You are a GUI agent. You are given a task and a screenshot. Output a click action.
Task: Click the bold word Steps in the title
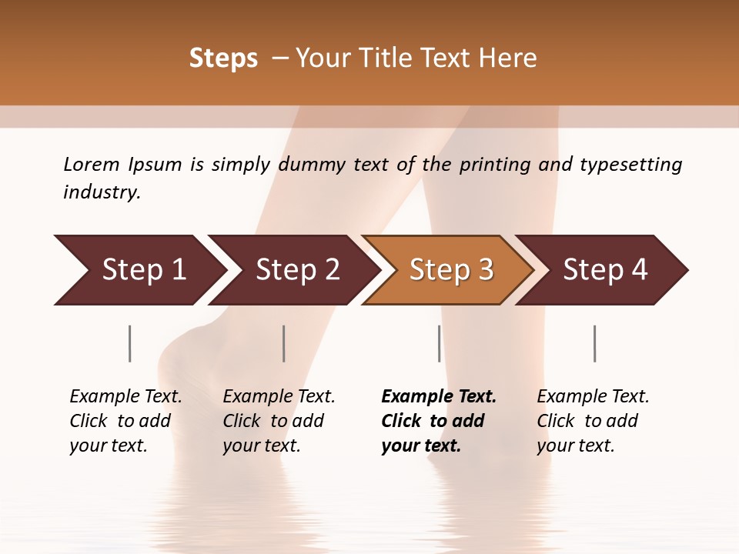point(223,58)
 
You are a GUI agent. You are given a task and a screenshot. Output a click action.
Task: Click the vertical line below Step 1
point(130,343)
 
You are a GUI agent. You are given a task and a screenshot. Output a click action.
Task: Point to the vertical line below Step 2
point(284,343)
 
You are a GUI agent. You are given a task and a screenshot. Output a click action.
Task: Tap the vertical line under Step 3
point(440,343)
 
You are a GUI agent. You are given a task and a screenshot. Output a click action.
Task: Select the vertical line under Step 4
point(595,343)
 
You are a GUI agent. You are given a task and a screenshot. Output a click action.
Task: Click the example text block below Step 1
point(125,421)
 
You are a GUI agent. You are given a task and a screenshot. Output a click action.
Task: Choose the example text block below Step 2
point(279,421)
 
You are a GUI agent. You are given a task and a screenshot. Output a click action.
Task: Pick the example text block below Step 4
point(593,421)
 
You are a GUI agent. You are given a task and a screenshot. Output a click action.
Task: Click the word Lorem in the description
point(92,165)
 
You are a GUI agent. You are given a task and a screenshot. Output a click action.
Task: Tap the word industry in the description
point(102,192)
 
